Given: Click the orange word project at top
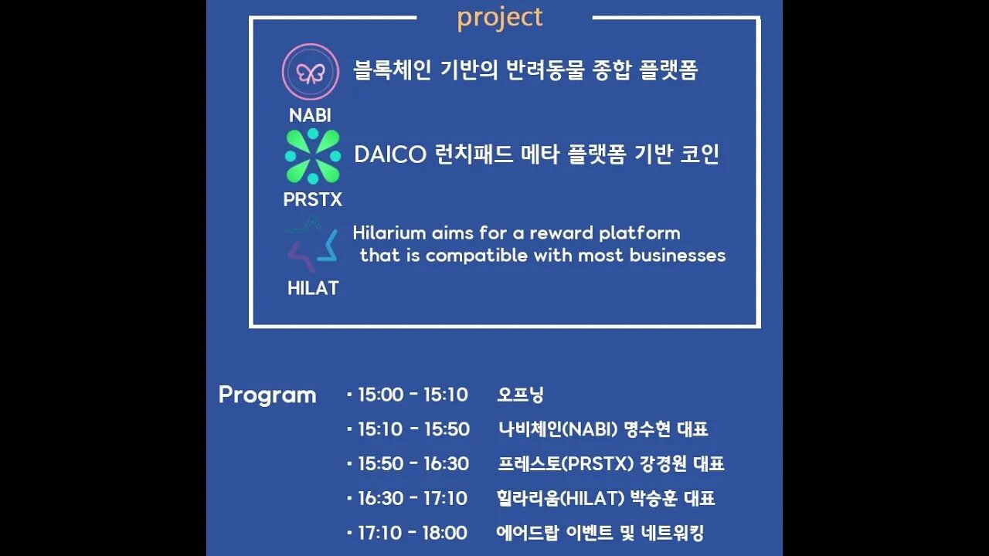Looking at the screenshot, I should [x=500, y=17].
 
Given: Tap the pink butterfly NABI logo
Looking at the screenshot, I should [x=311, y=73].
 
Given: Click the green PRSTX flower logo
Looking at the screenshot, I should [x=313, y=157].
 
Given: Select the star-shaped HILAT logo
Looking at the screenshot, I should [x=313, y=246].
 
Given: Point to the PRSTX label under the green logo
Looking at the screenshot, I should [x=312, y=200].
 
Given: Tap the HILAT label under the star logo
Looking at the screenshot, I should [x=313, y=289].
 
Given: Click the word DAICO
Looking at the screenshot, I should [x=390, y=155].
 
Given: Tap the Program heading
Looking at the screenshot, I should [x=267, y=395].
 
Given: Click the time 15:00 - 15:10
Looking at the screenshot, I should [x=413, y=395].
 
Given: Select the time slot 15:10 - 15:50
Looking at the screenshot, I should [x=413, y=429].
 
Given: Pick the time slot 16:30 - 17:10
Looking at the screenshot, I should [x=413, y=498].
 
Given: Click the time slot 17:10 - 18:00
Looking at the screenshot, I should [x=413, y=533].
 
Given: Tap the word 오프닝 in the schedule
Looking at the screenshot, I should [x=521, y=395].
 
